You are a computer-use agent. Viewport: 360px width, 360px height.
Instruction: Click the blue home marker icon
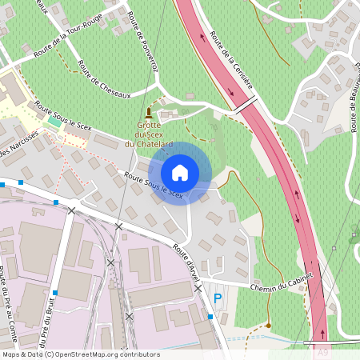pos(180,173)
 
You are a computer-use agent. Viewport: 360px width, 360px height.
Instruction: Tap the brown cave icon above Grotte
pos(148,112)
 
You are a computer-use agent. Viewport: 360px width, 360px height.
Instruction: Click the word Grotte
pos(150,125)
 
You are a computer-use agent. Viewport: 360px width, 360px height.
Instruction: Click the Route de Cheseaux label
pos(103,79)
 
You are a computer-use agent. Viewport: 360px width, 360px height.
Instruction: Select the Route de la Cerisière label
pos(232,61)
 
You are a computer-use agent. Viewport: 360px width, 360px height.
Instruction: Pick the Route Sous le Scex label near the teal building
pos(64,116)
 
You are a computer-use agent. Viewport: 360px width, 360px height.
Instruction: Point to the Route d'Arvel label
pos(186,261)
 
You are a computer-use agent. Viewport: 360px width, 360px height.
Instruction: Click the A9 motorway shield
pos(322,350)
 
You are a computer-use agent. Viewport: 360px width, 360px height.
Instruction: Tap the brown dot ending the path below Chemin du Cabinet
pos(270,325)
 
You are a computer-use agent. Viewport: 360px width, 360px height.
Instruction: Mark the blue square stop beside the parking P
pos(210,317)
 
